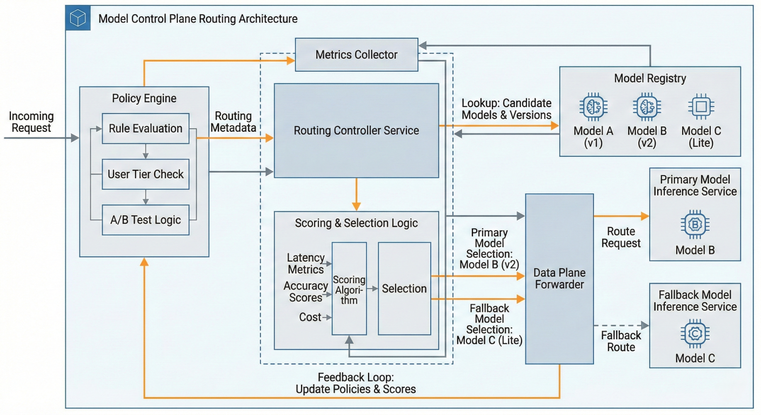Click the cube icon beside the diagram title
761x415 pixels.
point(78,19)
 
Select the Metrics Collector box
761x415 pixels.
point(356,55)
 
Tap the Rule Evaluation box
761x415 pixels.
point(145,129)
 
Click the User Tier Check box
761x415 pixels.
point(145,174)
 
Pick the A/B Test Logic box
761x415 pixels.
point(145,220)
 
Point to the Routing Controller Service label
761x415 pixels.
point(356,131)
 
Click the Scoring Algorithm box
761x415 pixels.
point(349,289)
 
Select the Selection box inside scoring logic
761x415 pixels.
point(404,289)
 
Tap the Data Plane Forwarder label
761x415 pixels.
point(559,278)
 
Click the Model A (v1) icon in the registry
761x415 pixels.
point(593,107)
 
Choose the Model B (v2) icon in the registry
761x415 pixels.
point(647,107)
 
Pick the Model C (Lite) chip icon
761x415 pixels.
point(701,107)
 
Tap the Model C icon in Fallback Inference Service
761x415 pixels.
point(695,333)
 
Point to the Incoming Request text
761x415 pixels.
point(31,122)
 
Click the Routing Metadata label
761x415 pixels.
point(233,122)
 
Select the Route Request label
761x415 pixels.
point(620,237)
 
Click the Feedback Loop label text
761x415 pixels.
point(356,383)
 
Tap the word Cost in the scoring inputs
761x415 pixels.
point(310,317)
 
